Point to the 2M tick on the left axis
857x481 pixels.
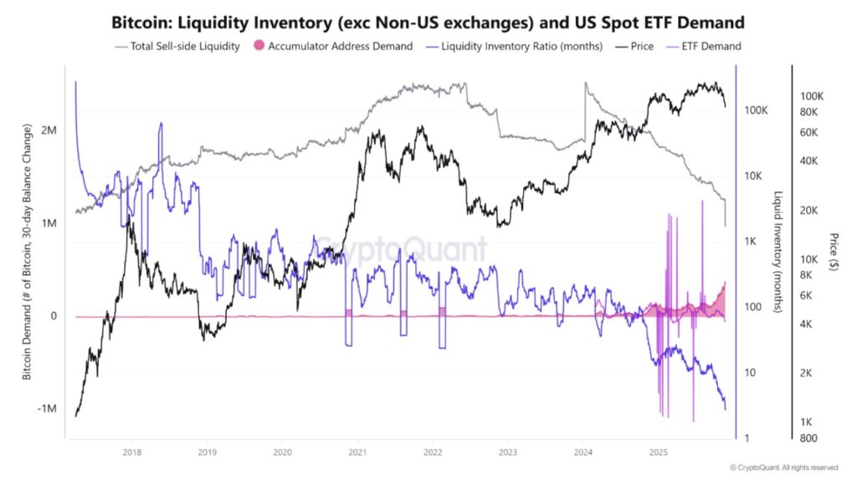tap(48, 131)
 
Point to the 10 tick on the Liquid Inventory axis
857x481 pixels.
tap(752, 372)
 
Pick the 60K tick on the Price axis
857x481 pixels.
tap(812, 132)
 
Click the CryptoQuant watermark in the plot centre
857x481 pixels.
tap(400, 248)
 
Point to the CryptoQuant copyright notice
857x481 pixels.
tap(783, 467)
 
